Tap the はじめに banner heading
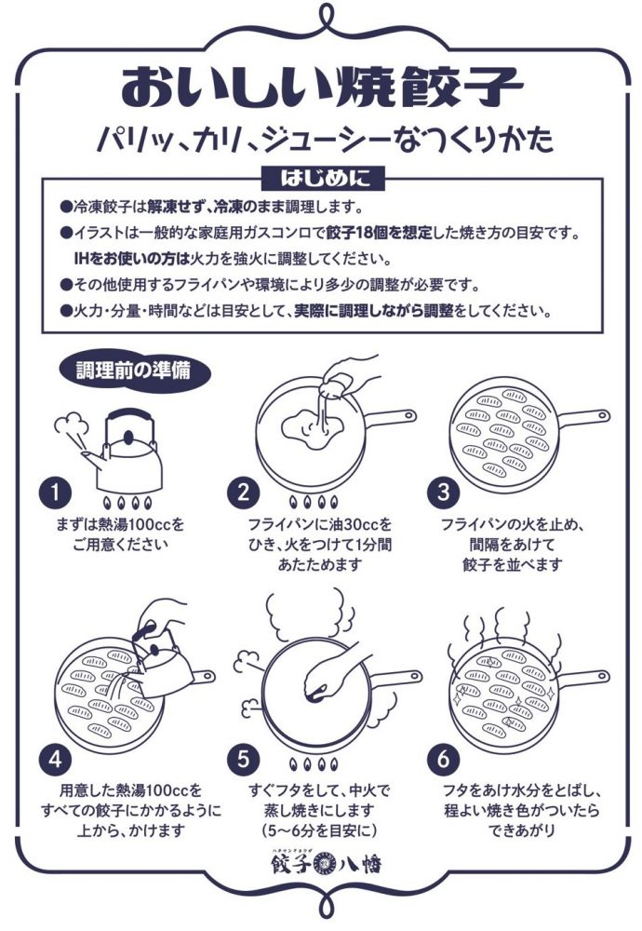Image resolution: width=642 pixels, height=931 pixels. (x=321, y=176)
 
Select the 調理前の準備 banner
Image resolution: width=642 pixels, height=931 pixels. (x=137, y=369)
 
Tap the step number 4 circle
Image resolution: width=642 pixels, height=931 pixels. (x=56, y=759)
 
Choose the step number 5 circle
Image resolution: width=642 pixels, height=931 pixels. (x=244, y=759)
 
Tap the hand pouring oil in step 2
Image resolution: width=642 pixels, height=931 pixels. (x=349, y=377)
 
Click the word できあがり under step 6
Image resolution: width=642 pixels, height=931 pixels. (x=511, y=828)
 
